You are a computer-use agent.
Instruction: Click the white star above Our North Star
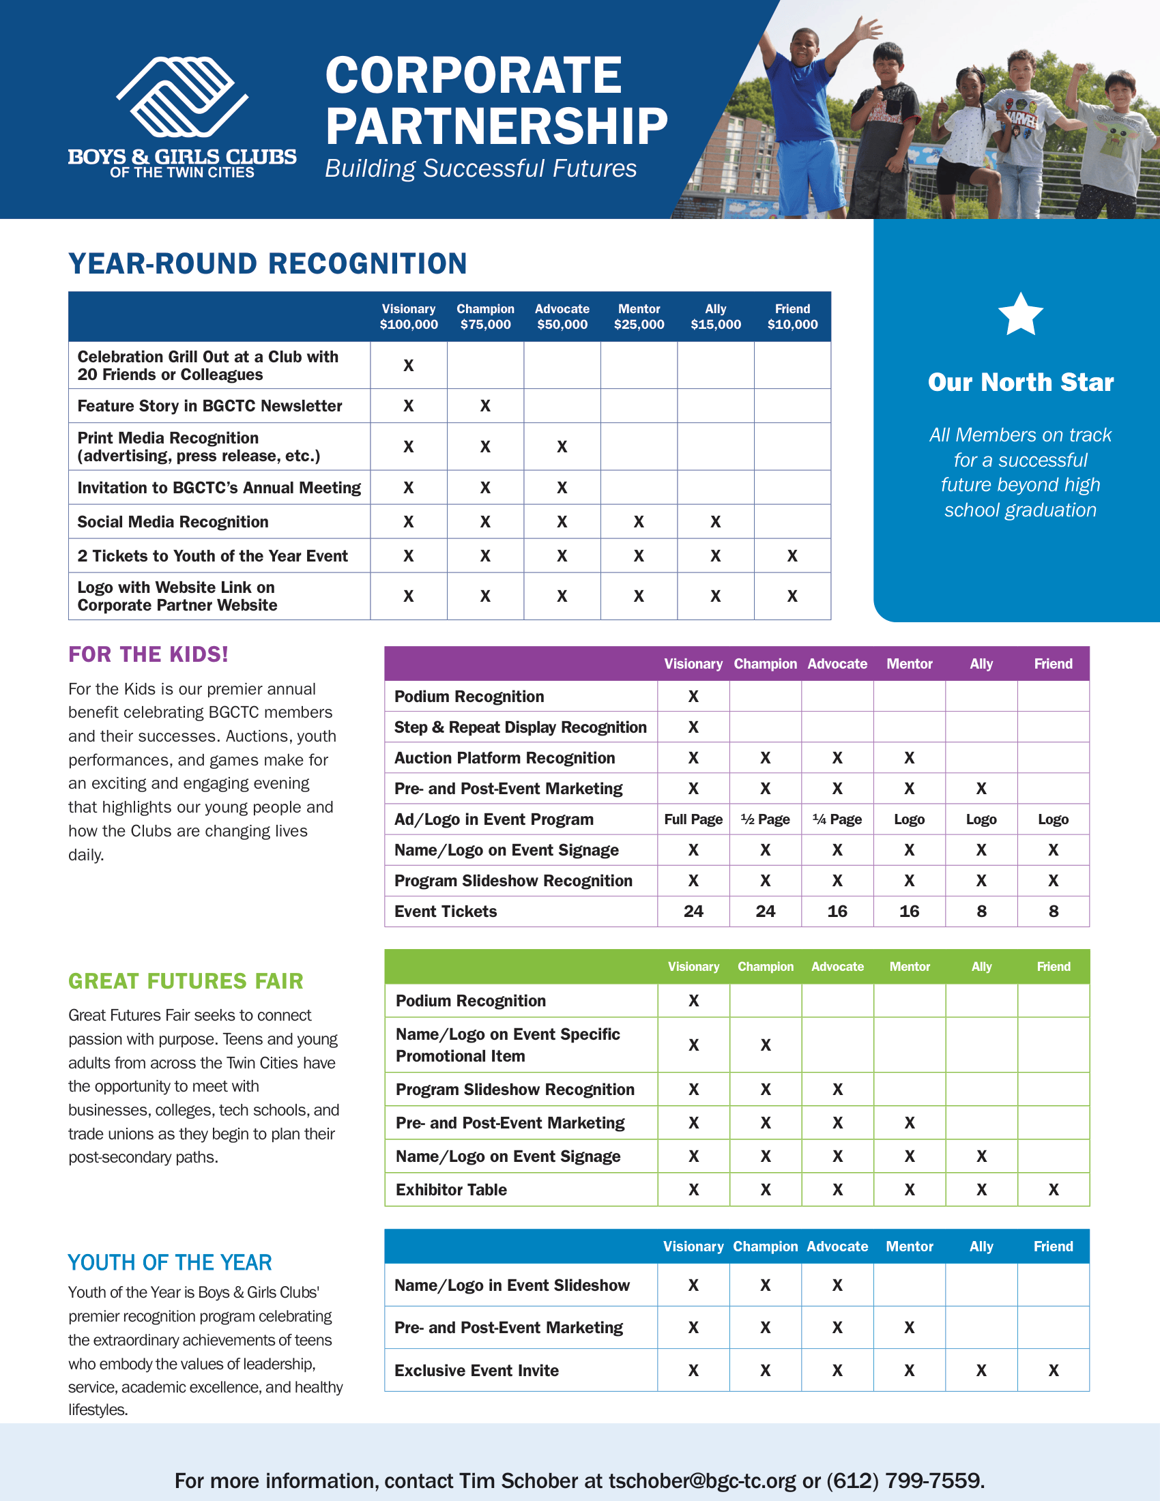tap(1021, 314)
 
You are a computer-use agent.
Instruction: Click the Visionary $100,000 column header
tap(409, 317)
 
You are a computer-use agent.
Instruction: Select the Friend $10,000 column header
tap(792, 317)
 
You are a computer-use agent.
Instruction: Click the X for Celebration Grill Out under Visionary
tap(409, 366)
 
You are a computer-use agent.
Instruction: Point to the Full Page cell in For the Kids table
tap(693, 819)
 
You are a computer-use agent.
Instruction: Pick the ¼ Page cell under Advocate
tap(837, 819)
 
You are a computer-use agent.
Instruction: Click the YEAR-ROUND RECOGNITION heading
tap(268, 264)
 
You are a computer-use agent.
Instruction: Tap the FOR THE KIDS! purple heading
tap(149, 654)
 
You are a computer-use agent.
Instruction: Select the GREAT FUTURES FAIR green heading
tap(186, 980)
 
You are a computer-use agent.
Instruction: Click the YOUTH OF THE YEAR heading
tap(170, 1262)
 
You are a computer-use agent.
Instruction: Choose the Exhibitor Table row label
tap(452, 1190)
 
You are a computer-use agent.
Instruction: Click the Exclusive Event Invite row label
tap(476, 1371)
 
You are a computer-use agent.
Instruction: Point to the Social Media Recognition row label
tap(173, 522)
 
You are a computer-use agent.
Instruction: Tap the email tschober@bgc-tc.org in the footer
tap(702, 1481)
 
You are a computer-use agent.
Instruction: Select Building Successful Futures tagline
tap(481, 169)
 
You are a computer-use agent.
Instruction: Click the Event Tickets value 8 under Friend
tap(1054, 912)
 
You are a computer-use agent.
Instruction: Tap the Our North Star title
tap(1021, 382)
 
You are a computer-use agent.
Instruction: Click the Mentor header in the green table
tap(910, 966)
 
